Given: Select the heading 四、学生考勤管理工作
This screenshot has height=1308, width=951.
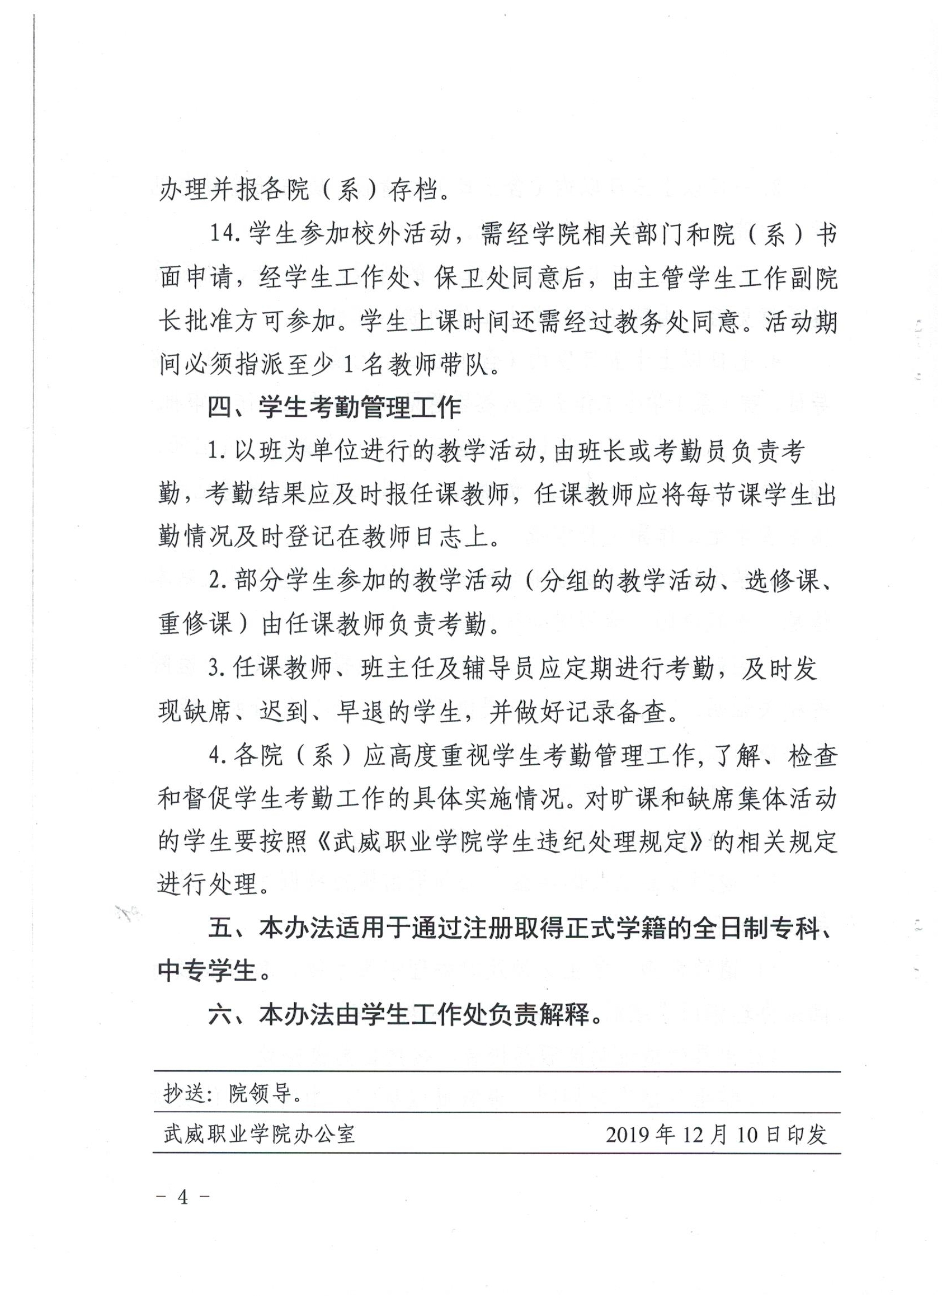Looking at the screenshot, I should [335, 408].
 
